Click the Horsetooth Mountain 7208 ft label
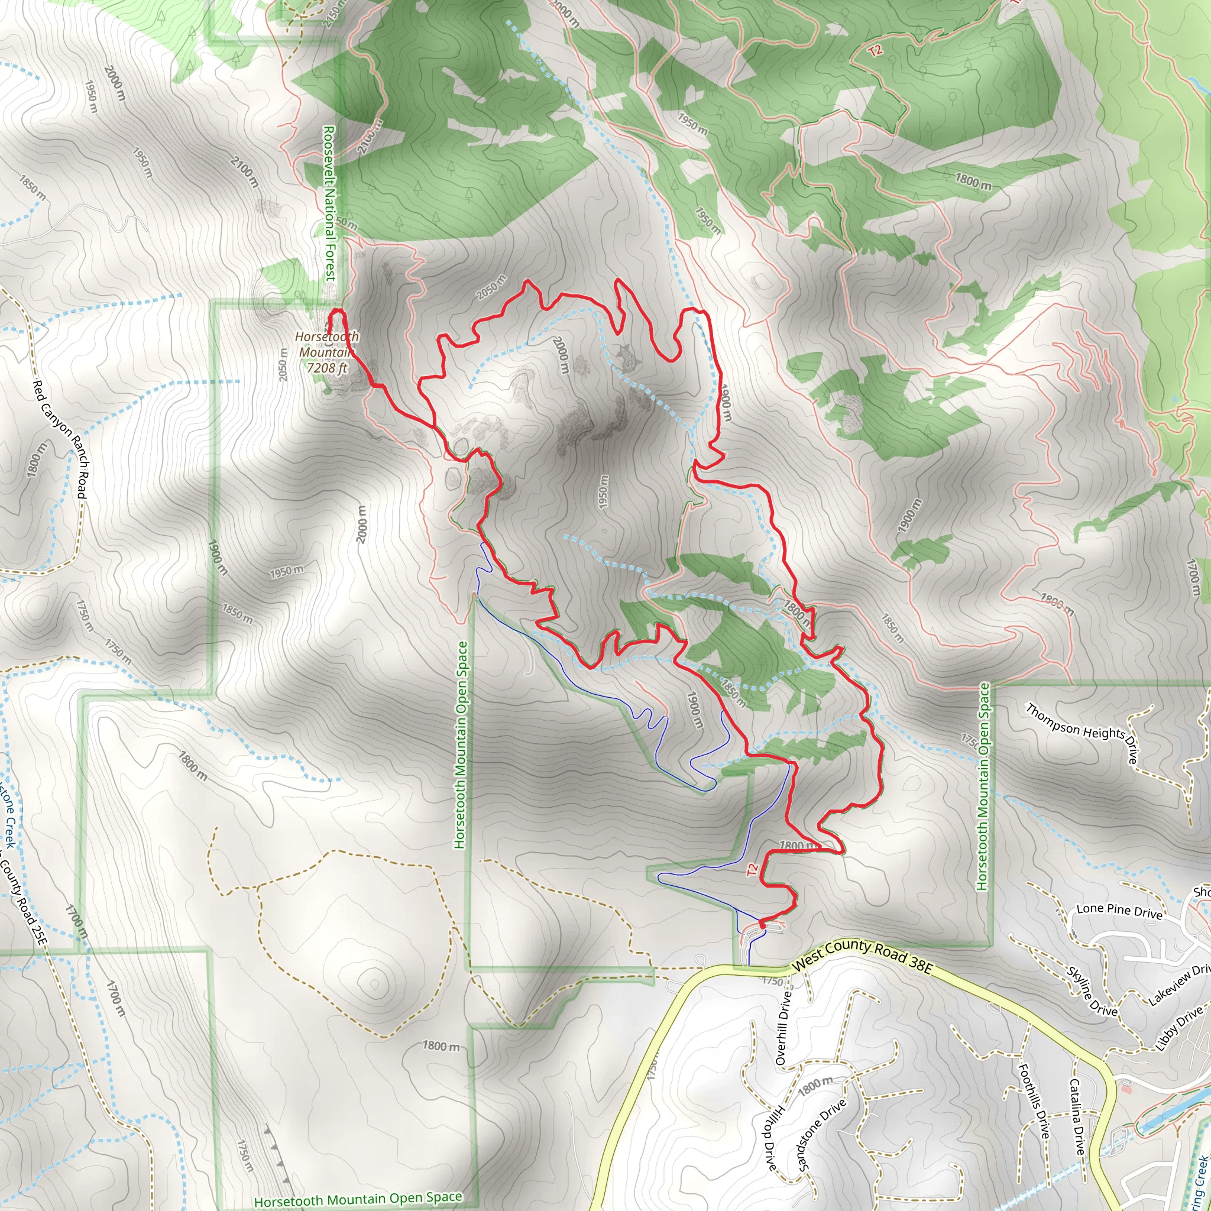tap(326, 352)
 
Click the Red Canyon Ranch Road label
tap(61, 439)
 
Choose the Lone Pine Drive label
tap(1119, 911)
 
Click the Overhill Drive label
tap(783, 1028)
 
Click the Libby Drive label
tap(1179, 1028)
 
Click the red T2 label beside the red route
tap(752, 869)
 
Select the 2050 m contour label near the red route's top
tap(491, 287)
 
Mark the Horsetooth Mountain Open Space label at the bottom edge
tap(358, 1198)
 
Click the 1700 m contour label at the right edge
tap(1193, 577)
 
